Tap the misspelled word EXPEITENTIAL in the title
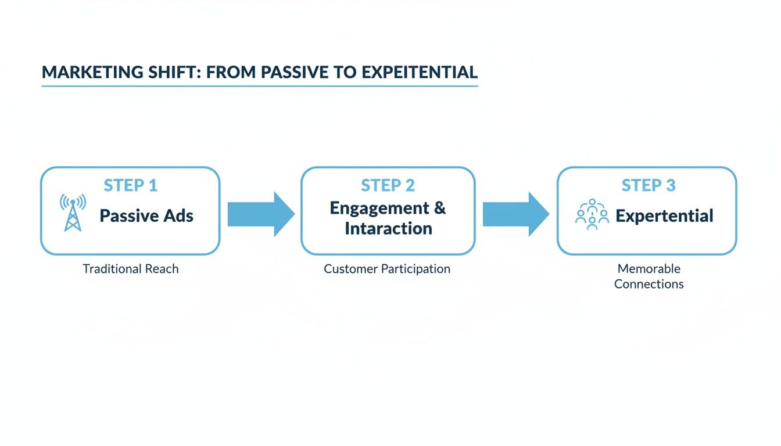coord(419,73)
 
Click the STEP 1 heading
coord(130,185)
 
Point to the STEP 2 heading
coord(388,185)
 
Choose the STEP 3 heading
coord(648,185)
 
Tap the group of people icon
coord(592,215)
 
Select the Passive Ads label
coord(146,216)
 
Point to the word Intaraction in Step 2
coord(388,228)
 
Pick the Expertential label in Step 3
coord(664,216)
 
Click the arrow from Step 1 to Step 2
coord(260,214)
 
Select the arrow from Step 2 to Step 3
coord(515,214)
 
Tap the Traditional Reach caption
coord(131,269)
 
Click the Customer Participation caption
coord(387,269)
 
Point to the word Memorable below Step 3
coord(649,269)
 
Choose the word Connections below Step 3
coord(649,284)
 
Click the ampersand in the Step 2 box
coord(439,208)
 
